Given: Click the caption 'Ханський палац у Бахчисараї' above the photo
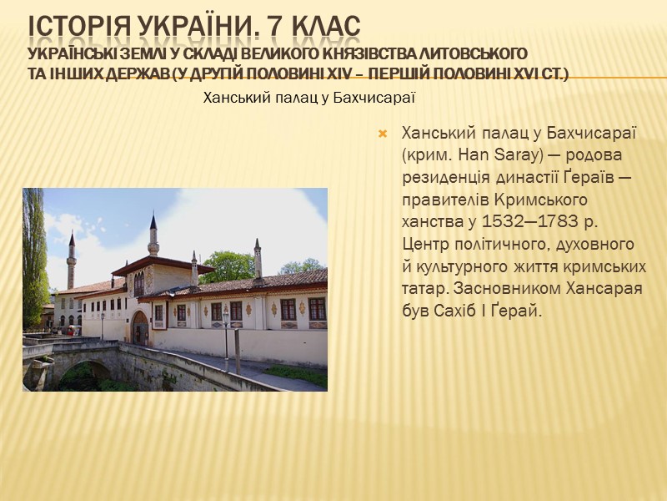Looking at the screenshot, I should point(309,99).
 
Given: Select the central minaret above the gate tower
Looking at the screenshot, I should point(153,236).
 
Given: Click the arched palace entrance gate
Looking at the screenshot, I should point(140,327).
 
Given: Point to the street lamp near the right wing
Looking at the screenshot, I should point(225,334).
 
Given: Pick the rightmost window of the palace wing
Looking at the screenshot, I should point(317,309).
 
